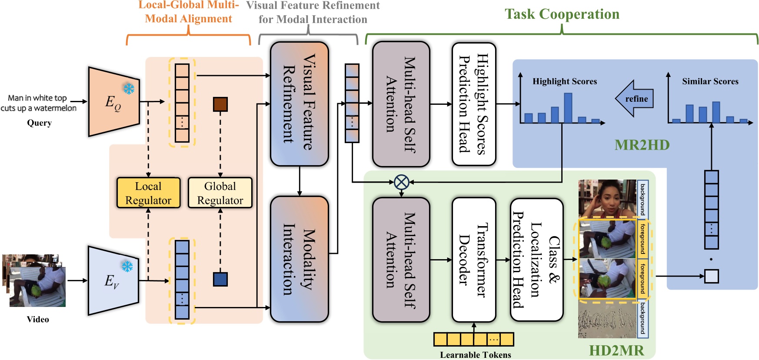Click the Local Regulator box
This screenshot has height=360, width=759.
click(x=148, y=193)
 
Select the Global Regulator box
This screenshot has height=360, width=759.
click(x=220, y=193)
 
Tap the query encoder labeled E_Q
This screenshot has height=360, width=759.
click(x=113, y=102)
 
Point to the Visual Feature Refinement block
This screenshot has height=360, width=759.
click(x=299, y=103)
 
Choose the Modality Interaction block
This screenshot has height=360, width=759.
click(x=299, y=259)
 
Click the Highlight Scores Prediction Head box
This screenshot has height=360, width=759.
click(x=474, y=104)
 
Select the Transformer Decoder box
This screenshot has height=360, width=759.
click(x=474, y=260)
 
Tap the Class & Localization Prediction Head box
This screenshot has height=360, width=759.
click(x=536, y=260)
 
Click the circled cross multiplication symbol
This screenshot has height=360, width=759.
click(x=401, y=182)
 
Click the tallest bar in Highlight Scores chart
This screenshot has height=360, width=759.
click(x=568, y=108)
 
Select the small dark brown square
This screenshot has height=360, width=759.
click(x=220, y=104)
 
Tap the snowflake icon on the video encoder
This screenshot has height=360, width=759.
click(x=127, y=266)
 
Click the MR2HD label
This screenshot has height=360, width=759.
click(x=642, y=145)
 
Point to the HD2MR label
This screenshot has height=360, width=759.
click(x=616, y=350)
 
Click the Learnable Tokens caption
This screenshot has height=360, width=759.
click(x=475, y=355)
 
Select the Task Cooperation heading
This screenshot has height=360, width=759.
click(x=562, y=14)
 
